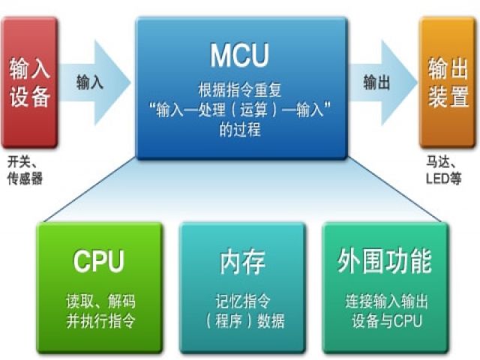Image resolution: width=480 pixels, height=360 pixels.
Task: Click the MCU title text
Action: [239, 55]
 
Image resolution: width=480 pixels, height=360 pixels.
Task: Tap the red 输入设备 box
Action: [30, 82]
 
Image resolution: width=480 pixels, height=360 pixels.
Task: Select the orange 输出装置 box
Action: [448, 82]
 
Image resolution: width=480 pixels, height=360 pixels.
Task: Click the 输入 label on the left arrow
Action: [90, 82]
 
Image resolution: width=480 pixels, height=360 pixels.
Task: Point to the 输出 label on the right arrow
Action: [376, 82]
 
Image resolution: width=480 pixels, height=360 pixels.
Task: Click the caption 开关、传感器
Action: [25, 170]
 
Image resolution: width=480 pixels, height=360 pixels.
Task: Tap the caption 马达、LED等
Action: [443, 170]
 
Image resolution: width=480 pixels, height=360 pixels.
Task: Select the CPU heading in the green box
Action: [99, 261]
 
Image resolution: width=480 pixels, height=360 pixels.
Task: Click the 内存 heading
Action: [242, 262]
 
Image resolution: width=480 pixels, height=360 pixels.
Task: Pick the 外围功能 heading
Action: [385, 261]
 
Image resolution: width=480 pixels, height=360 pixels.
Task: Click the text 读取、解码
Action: [100, 301]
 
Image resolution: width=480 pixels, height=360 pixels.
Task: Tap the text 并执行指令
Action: [100, 322]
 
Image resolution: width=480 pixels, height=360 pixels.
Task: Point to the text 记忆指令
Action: [243, 301]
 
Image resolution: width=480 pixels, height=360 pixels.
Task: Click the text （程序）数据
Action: [244, 322]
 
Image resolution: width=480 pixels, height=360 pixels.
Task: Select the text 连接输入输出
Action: [387, 301]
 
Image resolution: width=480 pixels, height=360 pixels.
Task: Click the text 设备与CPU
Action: [387, 321]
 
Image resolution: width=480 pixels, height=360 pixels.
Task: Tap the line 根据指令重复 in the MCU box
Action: [240, 90]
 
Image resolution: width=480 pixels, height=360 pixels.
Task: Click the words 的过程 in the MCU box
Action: [240, 129]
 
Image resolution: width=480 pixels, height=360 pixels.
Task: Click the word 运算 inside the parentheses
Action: [253, 110]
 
